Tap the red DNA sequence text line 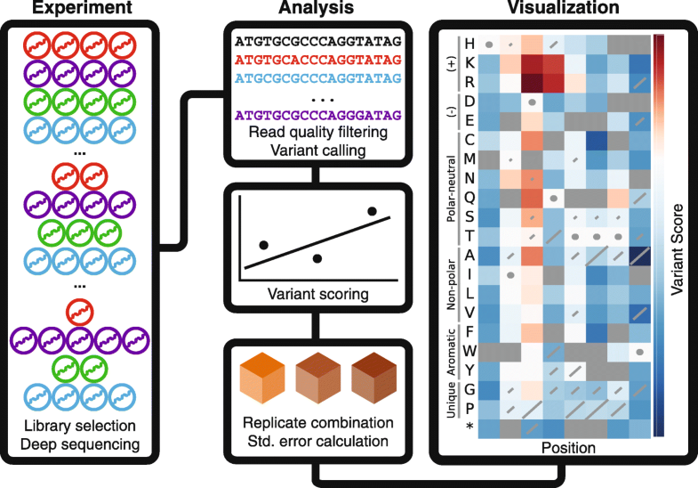tap(317, 59)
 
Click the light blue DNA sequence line tap(317, 77)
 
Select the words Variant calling tap(317, 151)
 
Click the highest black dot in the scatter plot tap(372, 211)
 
